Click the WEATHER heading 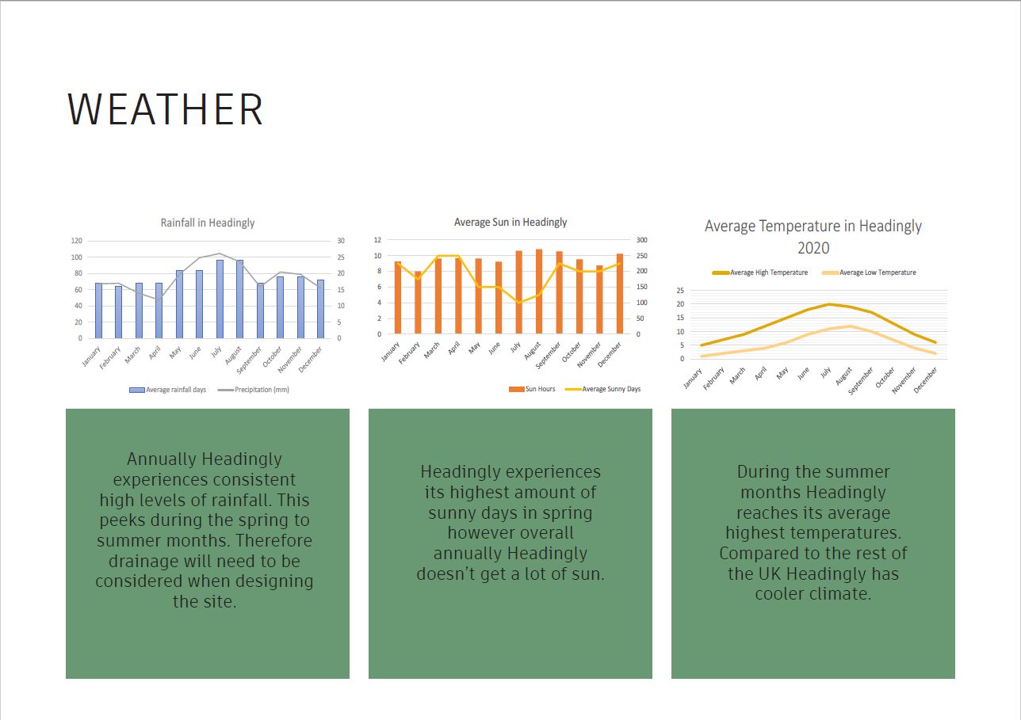[165, 109]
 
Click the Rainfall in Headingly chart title [208, 223]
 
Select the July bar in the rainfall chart [220, 299]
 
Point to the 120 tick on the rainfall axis [77, 241]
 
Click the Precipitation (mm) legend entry [254, 390]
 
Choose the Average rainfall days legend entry [168, 390]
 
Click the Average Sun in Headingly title [510, 223]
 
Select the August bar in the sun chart [539, 291]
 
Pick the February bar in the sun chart [418, 303]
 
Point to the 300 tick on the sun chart [642, 240]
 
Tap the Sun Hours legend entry [532, 389]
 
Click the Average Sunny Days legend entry [602, 389]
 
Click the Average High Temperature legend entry [760, 272]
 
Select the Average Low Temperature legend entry [869, 272]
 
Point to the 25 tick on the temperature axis [680, 291]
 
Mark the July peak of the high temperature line [829, 304]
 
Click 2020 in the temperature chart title [813, 248]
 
